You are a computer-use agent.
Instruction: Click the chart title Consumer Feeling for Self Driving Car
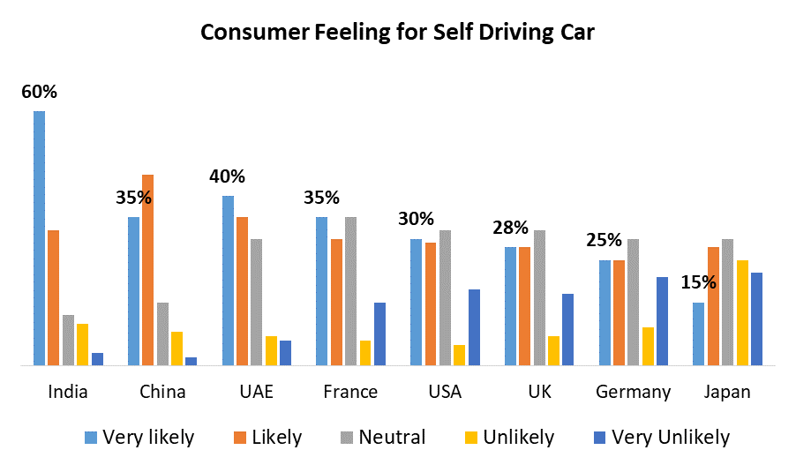pos(397,33)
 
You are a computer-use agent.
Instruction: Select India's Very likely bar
pos(39,238)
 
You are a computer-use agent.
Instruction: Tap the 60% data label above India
pos(40,92)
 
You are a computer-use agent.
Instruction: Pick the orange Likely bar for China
pos(147,270)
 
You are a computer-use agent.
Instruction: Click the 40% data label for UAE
pos(227,176)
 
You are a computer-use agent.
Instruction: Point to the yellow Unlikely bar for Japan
pos(742,312)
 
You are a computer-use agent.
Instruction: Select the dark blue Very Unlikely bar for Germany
pos(662,321)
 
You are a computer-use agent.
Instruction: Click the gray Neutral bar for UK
pos(539,297)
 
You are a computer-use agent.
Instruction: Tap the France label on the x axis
pos(350,392)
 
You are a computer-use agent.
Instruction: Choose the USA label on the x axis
pos(445,392)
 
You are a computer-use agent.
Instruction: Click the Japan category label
pos(727,392)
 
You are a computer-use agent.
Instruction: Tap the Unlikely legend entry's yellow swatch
pos(471,438)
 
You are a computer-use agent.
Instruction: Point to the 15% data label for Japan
pos(698,283)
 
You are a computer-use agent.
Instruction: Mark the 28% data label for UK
pos(510,229)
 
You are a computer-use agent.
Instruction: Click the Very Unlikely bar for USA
pos(474,327)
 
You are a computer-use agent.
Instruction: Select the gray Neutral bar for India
pos(68,340)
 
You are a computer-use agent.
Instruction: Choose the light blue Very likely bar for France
pos(322,291)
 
